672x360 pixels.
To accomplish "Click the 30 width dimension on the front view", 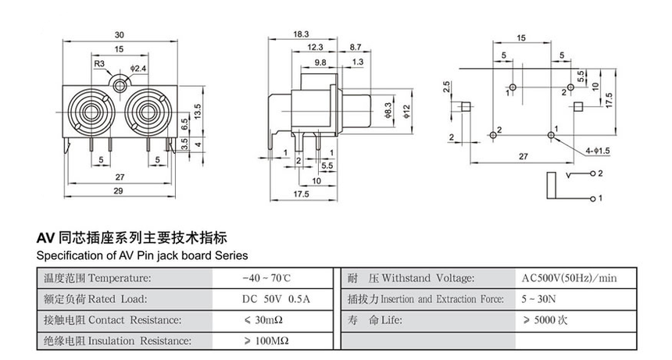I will pyautogui.click(x=120, y=35).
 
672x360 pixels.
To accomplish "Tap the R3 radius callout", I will pyautogui.click(x=99, y=64).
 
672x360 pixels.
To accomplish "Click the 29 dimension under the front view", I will pyautogui.click(x=119, y=191).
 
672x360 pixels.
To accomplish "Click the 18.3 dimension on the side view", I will pyautogui.click(x=301, y=35).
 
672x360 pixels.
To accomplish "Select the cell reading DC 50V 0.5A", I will pyautogui.click(x=276, y=299).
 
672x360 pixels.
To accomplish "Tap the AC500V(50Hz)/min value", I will pyautogui.click(x=569, y=278).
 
